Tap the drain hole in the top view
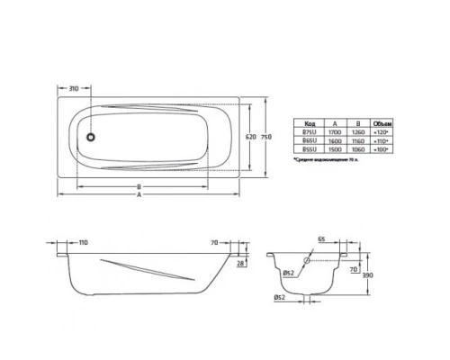90,139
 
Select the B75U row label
310,131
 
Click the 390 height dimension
366,277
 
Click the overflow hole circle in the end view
309,261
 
